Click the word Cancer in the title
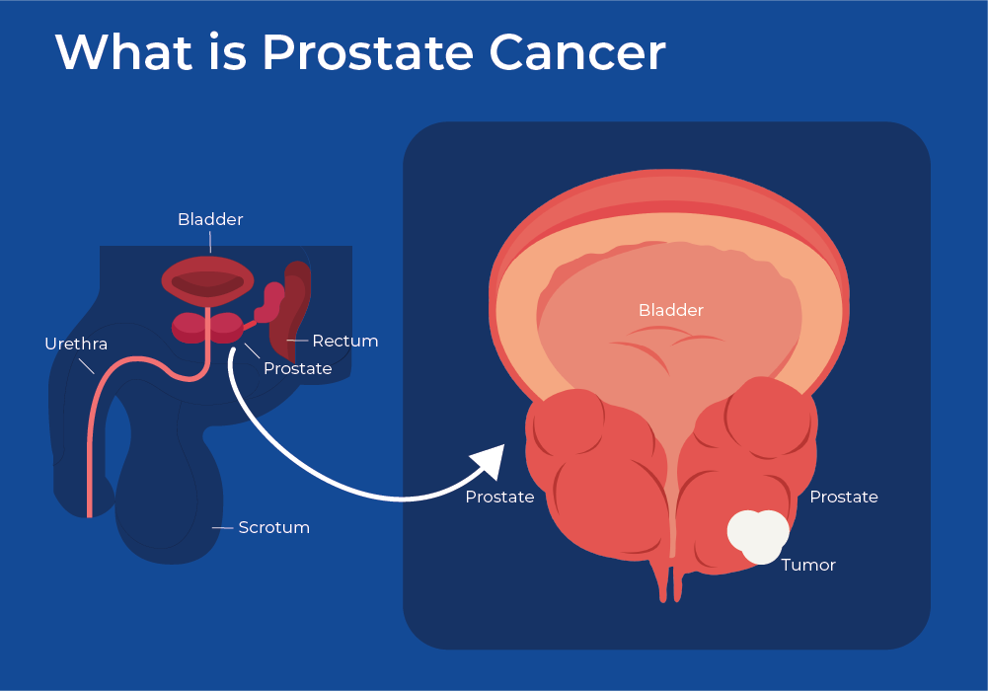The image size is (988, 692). [x=577, y=51]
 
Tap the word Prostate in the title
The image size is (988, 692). [x=368, y=51]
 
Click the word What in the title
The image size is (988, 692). [x=124, y=51]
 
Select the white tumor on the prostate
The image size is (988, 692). [x=758, y=536]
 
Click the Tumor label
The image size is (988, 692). [x=808, y=565]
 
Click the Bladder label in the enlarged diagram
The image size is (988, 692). [x=670, y=310]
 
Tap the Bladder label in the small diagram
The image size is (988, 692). [x=210, y=219]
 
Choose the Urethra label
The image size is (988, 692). [x=76, y=344]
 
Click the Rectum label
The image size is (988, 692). [x=345, y=341]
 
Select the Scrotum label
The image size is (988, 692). [x=274, y=527]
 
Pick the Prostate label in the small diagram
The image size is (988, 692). [x=297, y=368]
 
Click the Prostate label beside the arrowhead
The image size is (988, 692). [x=499, y=498]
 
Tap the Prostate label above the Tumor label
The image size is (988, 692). [x=844, y=498]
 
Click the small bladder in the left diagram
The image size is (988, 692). [x=208, y=280]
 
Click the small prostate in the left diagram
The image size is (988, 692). [x=208, y=328]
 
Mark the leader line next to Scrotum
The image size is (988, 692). [x=222, y=527]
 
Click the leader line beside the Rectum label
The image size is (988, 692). [x=297, y=341]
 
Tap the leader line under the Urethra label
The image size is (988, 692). [x=86, y=366]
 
